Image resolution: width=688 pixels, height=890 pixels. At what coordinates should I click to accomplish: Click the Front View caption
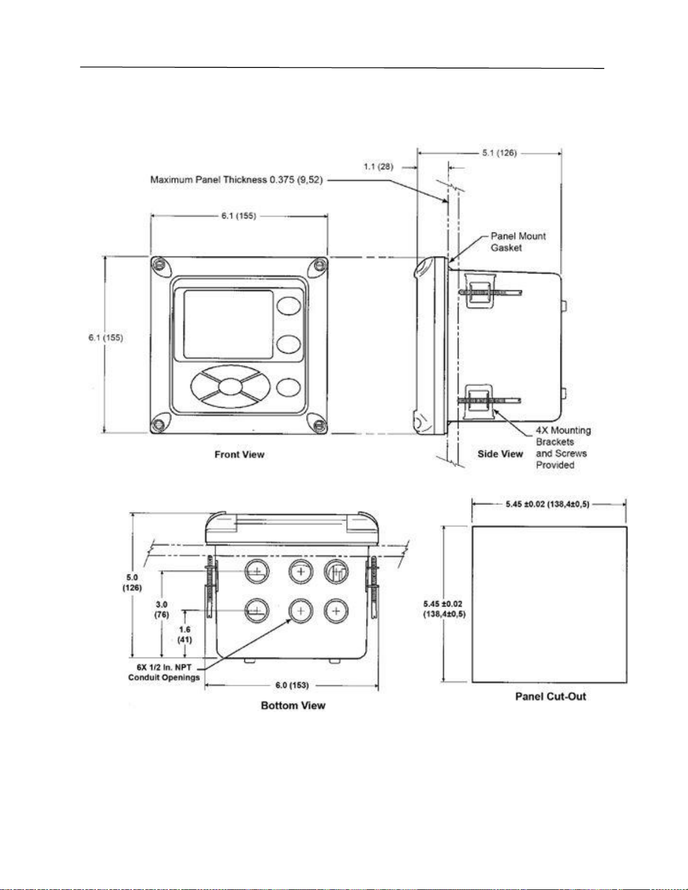[x=240, y=454]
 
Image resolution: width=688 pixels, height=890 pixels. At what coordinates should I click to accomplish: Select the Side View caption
[x=500, y=454]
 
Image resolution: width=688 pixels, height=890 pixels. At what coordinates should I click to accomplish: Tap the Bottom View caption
[x=293, y=705]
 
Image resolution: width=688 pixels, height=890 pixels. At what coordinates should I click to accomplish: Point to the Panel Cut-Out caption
[x=550, y=696]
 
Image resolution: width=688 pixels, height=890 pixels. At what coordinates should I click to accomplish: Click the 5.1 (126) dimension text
[x=499, y=153]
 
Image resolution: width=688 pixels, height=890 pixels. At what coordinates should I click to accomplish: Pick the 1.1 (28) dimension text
[x=379, y=167]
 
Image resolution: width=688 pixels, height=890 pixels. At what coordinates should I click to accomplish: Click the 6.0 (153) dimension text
[x=292, y=685]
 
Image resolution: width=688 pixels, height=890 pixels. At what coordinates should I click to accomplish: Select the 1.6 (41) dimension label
[x=185, y=635]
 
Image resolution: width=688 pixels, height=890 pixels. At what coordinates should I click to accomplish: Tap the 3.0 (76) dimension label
[x=162, y=609]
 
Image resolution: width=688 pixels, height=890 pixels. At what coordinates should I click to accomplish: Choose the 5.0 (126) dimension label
[x=132, y=582]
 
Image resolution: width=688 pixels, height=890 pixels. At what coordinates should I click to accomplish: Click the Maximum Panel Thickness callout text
[x=236, y=180]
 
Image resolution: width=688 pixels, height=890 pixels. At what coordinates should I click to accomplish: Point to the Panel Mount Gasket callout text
[x=518, y=241]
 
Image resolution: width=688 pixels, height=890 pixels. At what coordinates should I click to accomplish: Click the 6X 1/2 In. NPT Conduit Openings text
[x=164, y=672]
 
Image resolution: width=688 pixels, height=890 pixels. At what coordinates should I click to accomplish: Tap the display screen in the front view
[x=228, y=325]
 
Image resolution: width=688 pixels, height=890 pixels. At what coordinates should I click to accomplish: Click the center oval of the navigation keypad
[x=230, y=386]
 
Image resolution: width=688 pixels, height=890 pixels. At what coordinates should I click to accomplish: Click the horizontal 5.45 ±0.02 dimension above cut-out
[x=548, y=504]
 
